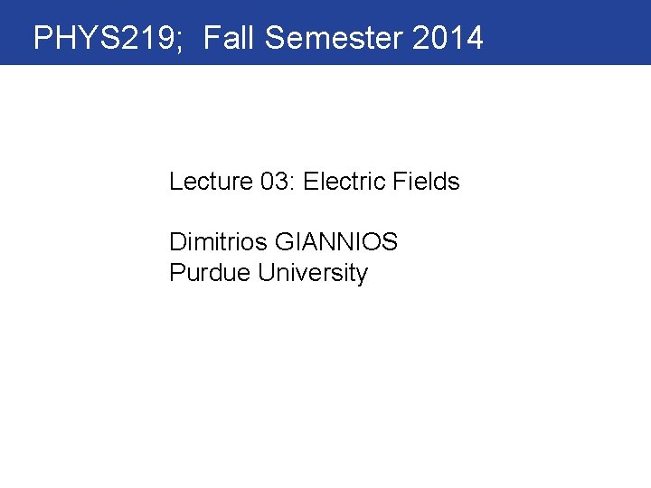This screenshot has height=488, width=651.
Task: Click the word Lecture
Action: click(x=211, y=182)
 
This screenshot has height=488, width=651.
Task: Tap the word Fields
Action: click(x=427, y=182)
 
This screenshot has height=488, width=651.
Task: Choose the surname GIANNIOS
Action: click(x=336, y=243)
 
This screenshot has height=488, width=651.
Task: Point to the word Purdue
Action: click(x=210, y=273)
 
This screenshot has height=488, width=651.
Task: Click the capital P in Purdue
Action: click(x=175, y=273)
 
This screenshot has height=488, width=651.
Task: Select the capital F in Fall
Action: click(x=211, y=38)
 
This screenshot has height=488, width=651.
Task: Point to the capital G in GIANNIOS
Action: click(x=284, y=243)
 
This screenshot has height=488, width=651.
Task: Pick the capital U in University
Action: click(x=265, y=273)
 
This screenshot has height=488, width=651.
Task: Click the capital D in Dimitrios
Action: click(x=176, y=243)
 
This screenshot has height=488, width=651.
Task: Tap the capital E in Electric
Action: click(x=310, y=182)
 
